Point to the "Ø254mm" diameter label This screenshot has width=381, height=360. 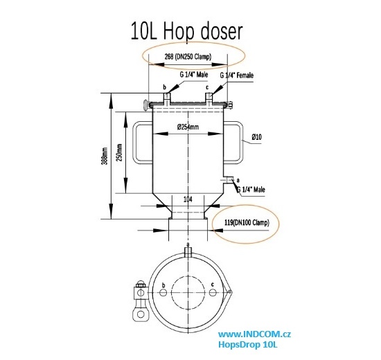click(188, 127)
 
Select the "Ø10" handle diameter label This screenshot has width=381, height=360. click(256, 138)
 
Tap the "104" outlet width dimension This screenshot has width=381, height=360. click(188, 199)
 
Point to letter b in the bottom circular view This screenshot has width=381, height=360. click(162, 285)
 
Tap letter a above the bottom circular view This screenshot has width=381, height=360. click(187, 246)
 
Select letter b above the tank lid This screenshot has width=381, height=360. click(164, 88)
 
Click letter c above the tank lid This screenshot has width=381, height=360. click(207, 88)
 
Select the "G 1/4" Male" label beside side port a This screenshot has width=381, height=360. click(251, 189)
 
